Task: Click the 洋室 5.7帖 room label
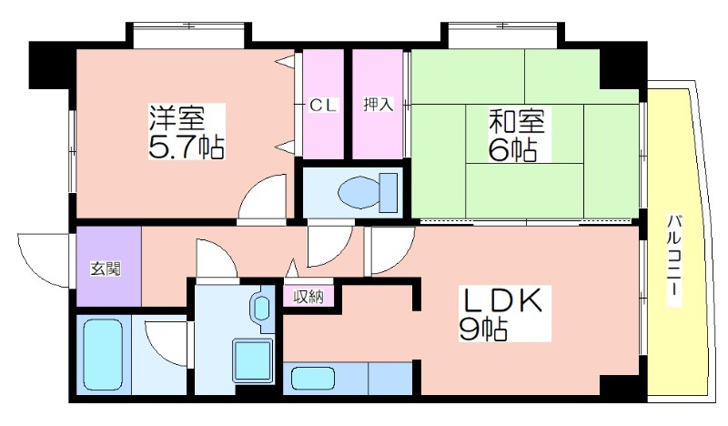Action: (x=187, y=132)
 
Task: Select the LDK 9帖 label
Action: (x=501, y=313)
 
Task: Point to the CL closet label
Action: (x=323, y=106)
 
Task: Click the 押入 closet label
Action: (x=378, y=105)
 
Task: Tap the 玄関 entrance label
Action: (x=106, y=269)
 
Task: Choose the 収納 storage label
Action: (x=308, y=296)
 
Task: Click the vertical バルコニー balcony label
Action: (x=674, y=260)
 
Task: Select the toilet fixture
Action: (x=368, y=192)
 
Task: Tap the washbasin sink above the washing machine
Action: (x=262, y=307)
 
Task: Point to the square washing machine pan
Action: (x=252, y=360)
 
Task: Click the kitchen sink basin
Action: (x=313, y=378)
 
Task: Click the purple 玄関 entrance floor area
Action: (x=108, y=266)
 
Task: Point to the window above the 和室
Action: (x=502, y=35)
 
